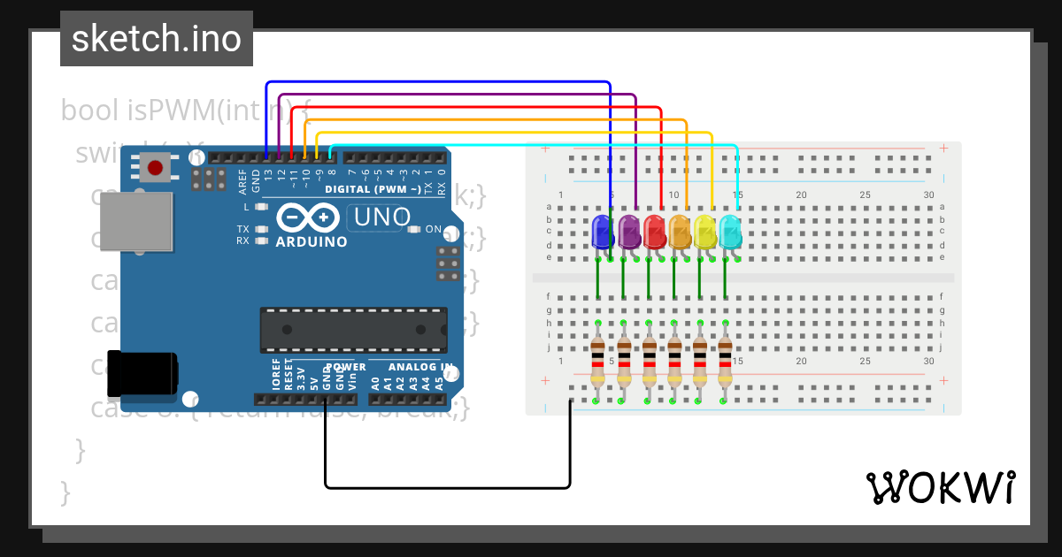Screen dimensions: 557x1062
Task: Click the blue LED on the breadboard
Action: point(603,231)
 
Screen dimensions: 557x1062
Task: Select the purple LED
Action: point(628,231)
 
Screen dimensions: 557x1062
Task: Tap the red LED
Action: point(654,231)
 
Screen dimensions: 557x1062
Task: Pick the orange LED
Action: point(680,231)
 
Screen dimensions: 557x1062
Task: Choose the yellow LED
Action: point(705,231)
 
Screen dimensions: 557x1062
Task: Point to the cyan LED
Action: point(731,231)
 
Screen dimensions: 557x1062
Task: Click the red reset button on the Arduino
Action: point(156,167)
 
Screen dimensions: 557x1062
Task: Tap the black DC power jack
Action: point(142,373)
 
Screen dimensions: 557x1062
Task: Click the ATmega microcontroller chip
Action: point(353,329)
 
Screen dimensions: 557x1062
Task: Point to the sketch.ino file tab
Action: point(156,39)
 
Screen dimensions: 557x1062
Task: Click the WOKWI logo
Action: point(940,487)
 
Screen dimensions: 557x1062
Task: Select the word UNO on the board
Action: point(382,217)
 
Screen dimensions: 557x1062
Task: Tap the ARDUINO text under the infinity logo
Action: point(311,241)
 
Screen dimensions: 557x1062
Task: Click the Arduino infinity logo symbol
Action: point(308,217)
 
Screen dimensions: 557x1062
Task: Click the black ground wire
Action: point(447,486)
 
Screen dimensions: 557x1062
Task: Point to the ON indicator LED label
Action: point(434,229)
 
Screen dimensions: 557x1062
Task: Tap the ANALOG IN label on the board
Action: point(423,366)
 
